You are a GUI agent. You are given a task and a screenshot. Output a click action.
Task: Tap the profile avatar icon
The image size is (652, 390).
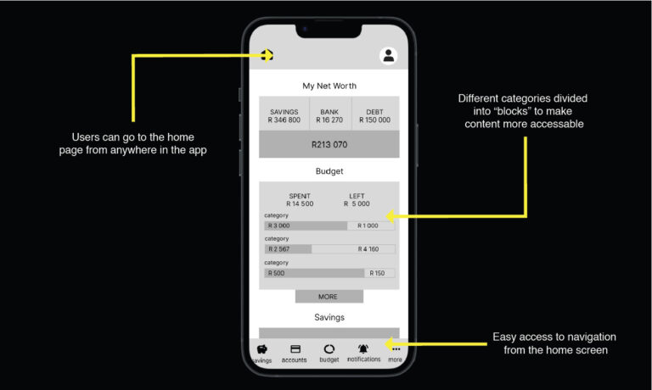click(x=388, y=56)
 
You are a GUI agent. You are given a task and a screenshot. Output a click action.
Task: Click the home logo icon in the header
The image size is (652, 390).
click(x=267, y=55)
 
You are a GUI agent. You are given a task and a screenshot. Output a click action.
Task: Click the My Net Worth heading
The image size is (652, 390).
click(x=329, y=86)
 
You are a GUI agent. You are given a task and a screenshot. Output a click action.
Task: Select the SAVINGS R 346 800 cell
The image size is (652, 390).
click(x=284, y=116)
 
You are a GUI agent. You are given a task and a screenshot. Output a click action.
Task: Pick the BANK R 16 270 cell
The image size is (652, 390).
click(x=329, y=116)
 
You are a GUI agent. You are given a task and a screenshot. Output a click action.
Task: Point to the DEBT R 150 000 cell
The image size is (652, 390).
click(x=374, y=116)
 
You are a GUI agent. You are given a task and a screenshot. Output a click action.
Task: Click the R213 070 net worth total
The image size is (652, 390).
click(x=329, y=144)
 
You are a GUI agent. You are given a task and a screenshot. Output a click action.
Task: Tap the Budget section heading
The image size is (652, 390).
click(x=329, y=171)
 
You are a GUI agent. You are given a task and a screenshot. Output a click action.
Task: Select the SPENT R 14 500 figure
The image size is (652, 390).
click(x=300, y=200)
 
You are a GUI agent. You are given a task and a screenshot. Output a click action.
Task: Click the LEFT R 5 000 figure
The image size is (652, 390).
click(x=357, y=200)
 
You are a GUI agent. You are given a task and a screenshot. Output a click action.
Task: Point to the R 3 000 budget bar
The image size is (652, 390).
click(x=306, y=226)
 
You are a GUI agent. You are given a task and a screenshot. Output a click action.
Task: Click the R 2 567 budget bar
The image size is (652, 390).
click(x=288, y=249)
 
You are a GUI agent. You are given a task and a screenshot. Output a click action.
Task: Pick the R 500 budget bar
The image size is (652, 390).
click(x=314, y=273)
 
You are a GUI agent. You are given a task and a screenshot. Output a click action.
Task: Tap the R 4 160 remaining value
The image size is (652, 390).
click(x=368, y=249)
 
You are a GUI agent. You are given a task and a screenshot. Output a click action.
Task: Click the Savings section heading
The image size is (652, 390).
click(x=329, y=317)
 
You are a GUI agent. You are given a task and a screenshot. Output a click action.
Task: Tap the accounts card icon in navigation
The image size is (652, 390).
click(x=295, y=349)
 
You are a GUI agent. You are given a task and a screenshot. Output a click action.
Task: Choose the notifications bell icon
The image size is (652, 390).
click(x=363, y=348)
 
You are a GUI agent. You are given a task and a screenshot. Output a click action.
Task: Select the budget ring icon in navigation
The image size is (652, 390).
click(x=329, y=349)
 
